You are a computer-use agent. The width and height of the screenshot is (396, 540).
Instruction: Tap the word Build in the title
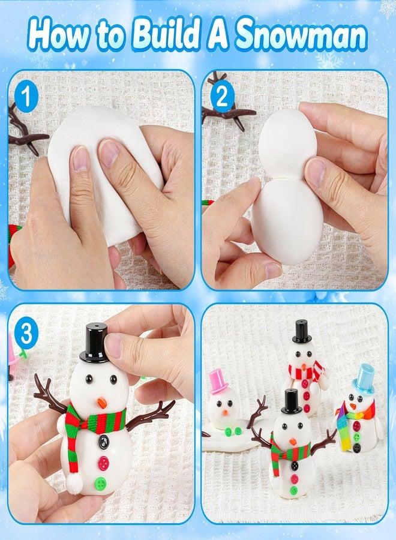click(166, 35)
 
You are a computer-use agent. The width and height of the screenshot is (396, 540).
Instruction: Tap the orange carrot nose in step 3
click(101, 403)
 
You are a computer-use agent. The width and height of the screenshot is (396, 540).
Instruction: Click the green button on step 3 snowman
click(100, 483)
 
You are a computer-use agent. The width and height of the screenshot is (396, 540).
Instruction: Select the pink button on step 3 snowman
click(103, 463)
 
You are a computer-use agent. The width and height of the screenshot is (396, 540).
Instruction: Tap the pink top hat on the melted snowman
click(219, 381)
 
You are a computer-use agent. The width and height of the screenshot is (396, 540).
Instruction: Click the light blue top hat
click(364, 380)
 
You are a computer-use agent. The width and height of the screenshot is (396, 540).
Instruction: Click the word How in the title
click(59, 35)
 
